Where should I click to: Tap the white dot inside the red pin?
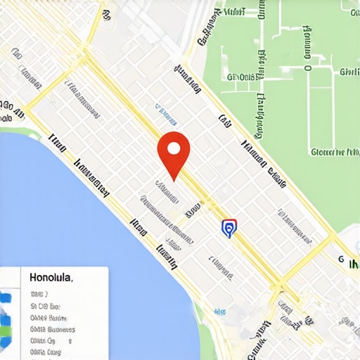point(173,148)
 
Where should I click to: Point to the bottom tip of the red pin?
point(173,178)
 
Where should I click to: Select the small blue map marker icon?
point(229,228)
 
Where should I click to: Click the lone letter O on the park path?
point(308,67)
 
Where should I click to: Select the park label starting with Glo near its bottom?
point(335,150)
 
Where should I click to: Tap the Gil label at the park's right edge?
point(349,72)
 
